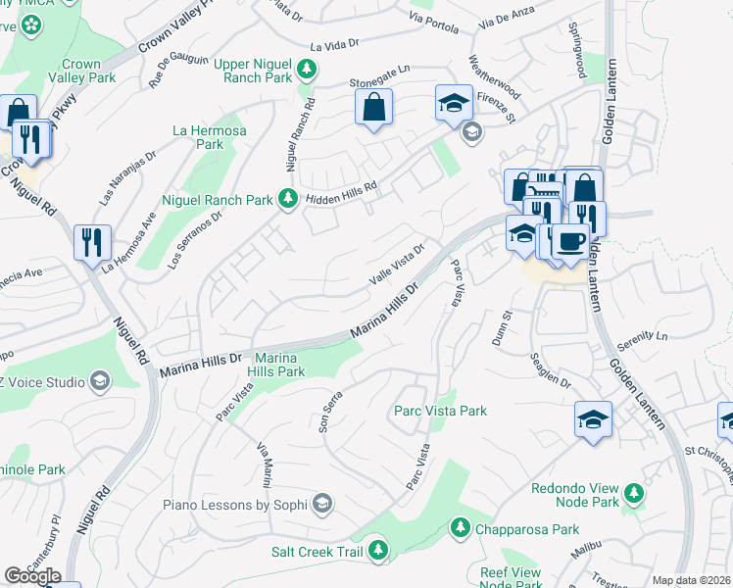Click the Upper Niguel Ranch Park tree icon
[x=308, y=69]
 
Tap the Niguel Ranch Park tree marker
[x=287, y=199]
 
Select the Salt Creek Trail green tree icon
[x=378, y=552]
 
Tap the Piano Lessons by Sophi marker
[x=321, y=505]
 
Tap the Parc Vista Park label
[x=440, y=412]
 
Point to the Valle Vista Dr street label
[x=397, y=265]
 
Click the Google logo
[x=32, y=576]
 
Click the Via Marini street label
[x=264, y=465]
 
